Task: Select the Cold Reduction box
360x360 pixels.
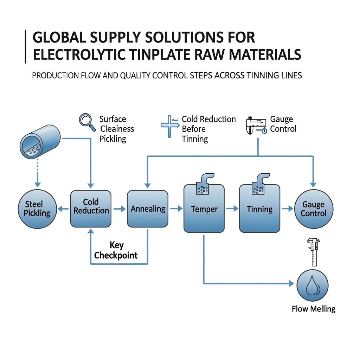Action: coord(91,208)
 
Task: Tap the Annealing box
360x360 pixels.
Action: coord(148,208)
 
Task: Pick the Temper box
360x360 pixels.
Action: coord(204,209)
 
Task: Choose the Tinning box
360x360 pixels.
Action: coord(259,209)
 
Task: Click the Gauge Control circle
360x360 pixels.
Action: coord(313,208)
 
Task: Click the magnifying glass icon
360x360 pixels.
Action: coord(87,122)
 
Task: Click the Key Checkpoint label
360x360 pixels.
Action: coord(116,250)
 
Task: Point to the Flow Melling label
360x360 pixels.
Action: coord(313,309)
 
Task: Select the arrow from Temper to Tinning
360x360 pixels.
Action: coord(232,208)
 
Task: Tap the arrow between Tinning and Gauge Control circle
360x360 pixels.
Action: coord(287,208)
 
